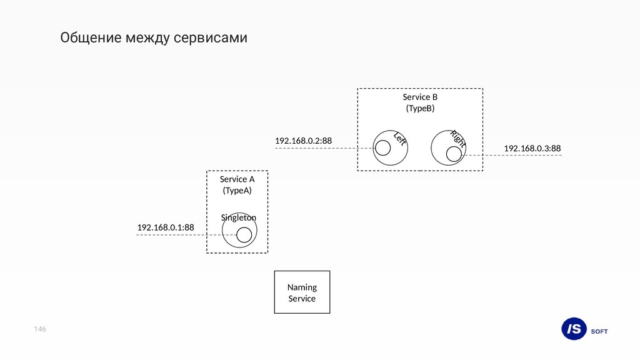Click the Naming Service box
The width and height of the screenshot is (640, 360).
(302, 292)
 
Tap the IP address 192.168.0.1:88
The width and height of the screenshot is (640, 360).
(166, 227)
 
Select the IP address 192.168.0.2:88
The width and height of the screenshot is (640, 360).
(303, 141)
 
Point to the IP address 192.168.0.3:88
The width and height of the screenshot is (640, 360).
(532, 148)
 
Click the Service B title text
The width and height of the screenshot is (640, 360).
(420, 97)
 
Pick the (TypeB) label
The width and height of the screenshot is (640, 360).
(420, 108)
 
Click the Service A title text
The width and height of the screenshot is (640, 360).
(237, 179)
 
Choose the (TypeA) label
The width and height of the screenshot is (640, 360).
(237, 190)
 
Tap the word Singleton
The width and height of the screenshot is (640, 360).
(239, 217)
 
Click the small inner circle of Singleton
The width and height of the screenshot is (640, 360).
(244, 234)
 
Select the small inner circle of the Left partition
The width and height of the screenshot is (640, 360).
(382, 147)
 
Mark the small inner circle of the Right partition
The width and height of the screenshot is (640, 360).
(454, 154)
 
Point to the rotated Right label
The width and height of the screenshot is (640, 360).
(458, 138)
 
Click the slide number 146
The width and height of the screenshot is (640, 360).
(41, 329)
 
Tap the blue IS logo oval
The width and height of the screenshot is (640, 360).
(574, 329)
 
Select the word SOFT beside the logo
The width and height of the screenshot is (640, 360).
(599, 331)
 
